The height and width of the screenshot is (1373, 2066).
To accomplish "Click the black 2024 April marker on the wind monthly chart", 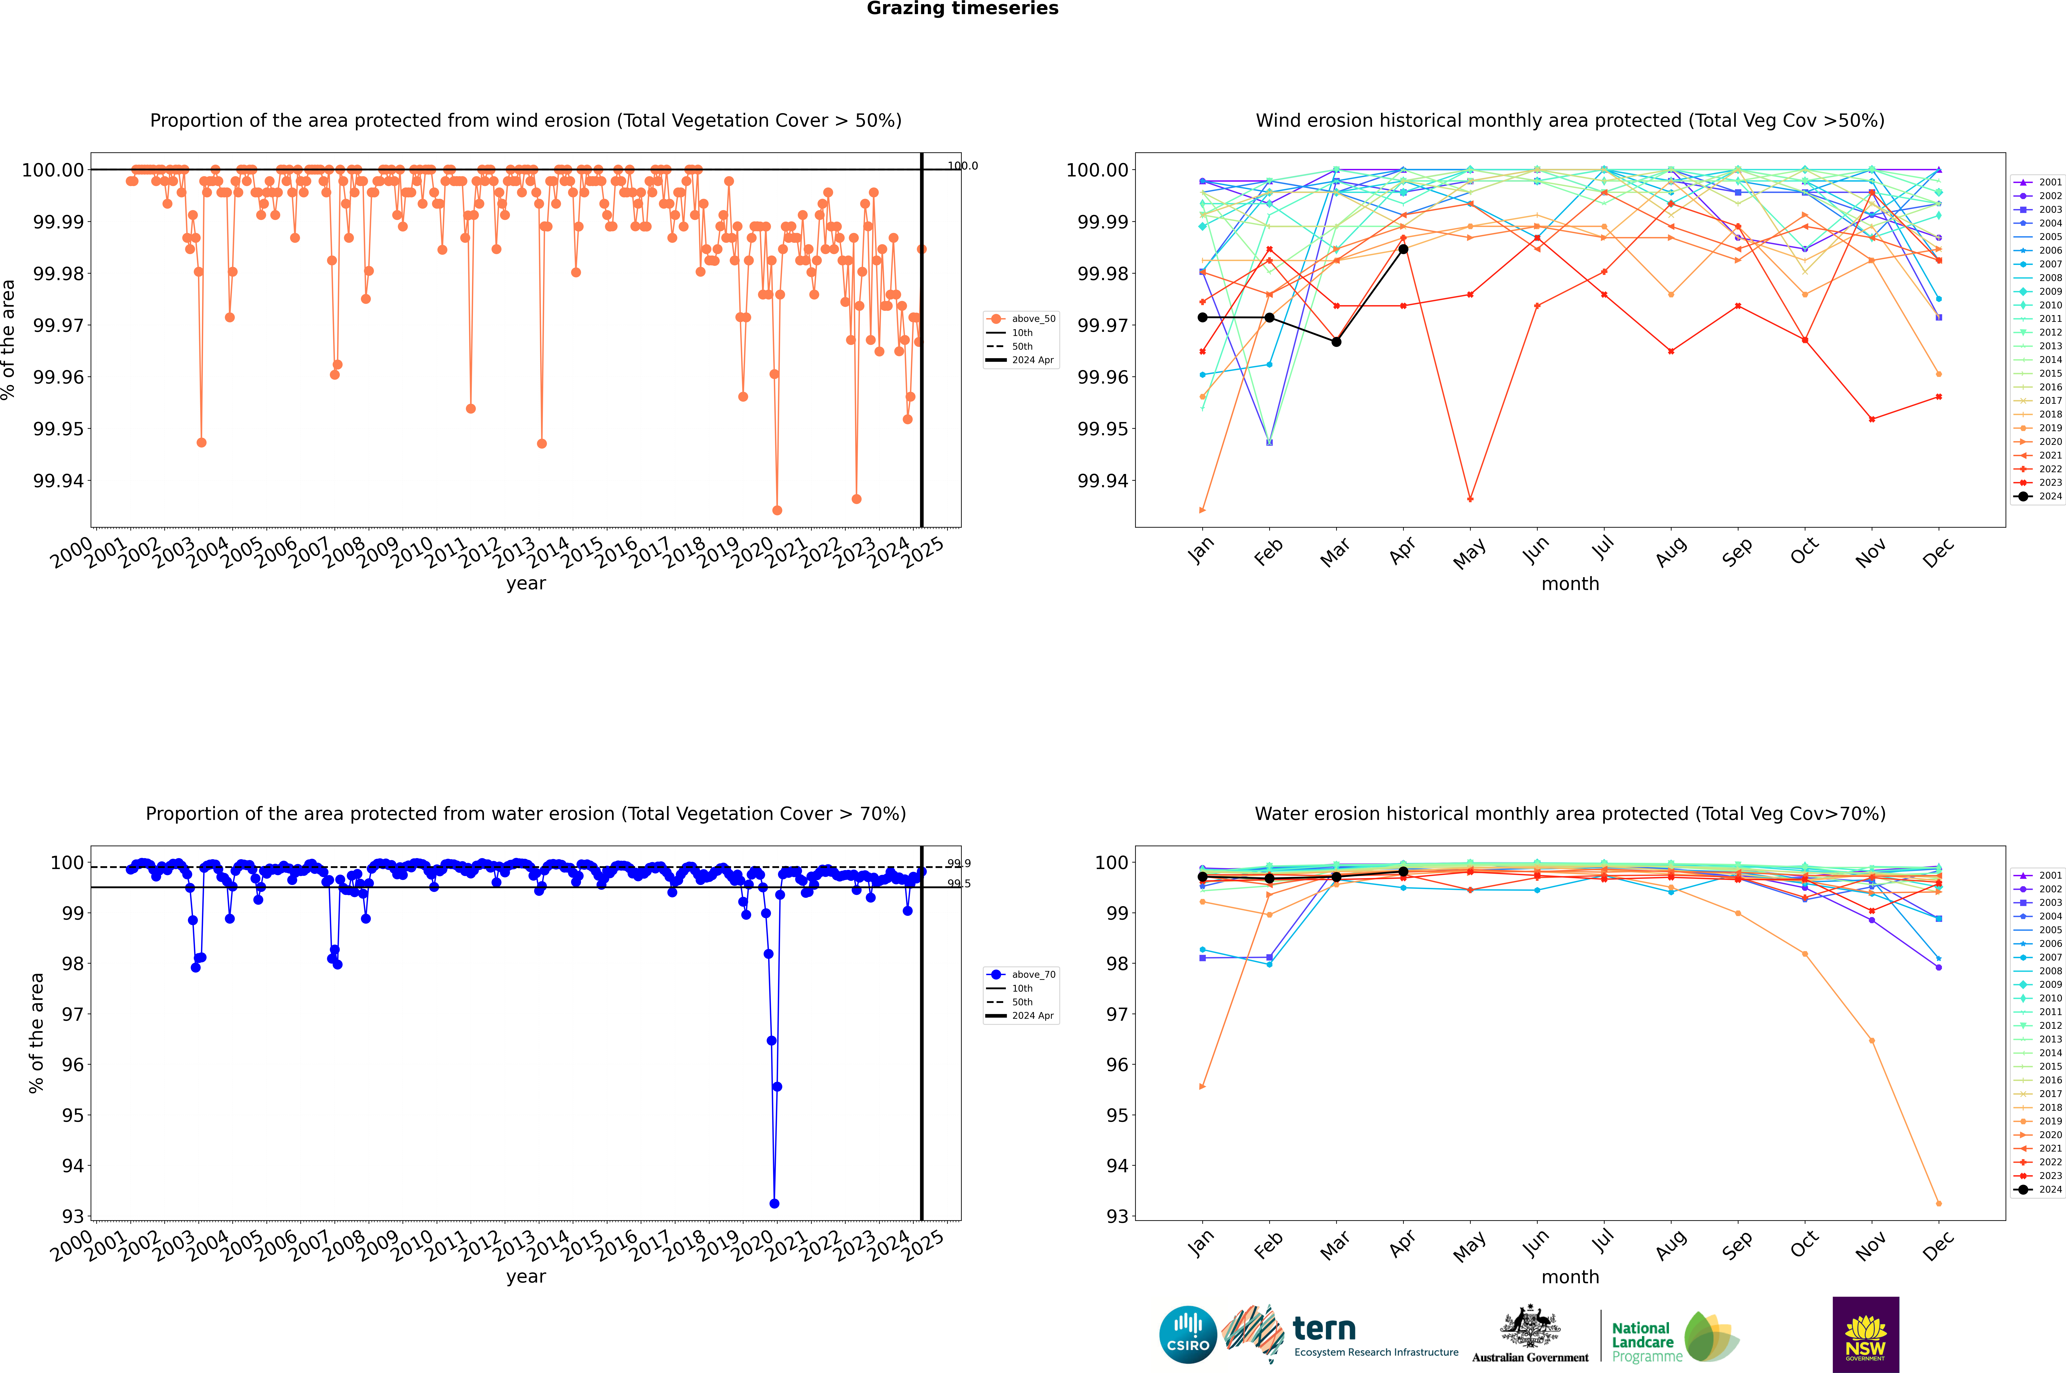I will tap(1403, 249).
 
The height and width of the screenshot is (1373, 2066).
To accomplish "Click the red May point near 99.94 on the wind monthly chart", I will tap(1470, 499).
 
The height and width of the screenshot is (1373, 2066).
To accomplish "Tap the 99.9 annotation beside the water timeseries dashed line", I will tap(959, 863).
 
